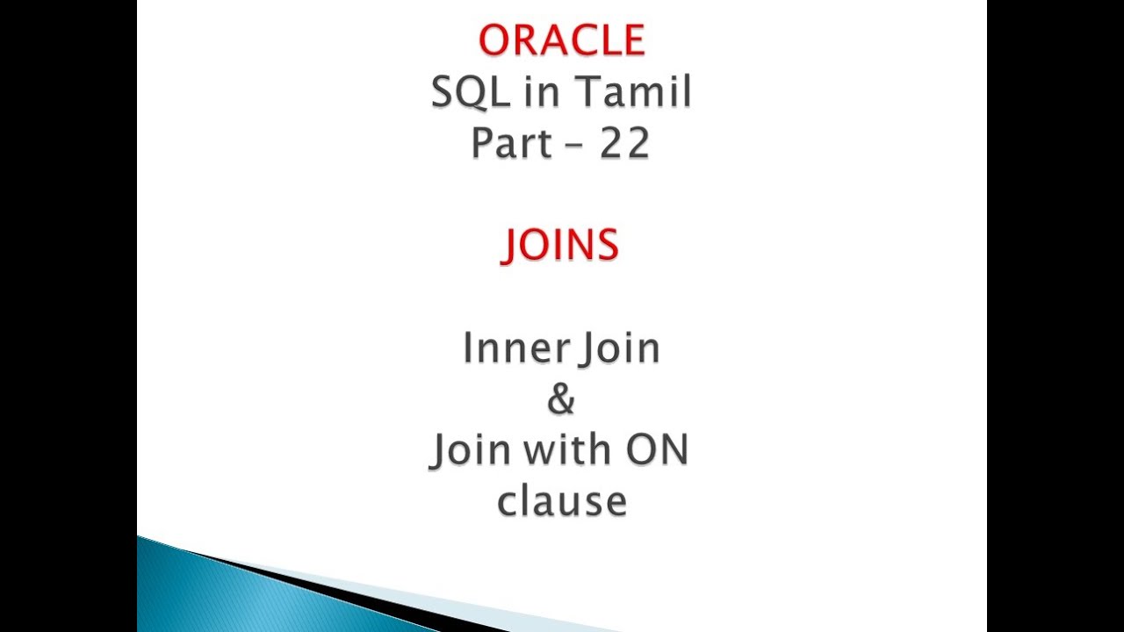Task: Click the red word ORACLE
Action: (562, 40)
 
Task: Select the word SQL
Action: (469, 92)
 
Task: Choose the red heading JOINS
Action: (560, 245)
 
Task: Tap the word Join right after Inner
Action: (620, 348)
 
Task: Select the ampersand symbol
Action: (561, 399)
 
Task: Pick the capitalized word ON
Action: (656, 450)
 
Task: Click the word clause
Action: (561, 501)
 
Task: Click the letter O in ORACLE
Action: (494, 40)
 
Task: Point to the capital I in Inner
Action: (468, 348)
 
